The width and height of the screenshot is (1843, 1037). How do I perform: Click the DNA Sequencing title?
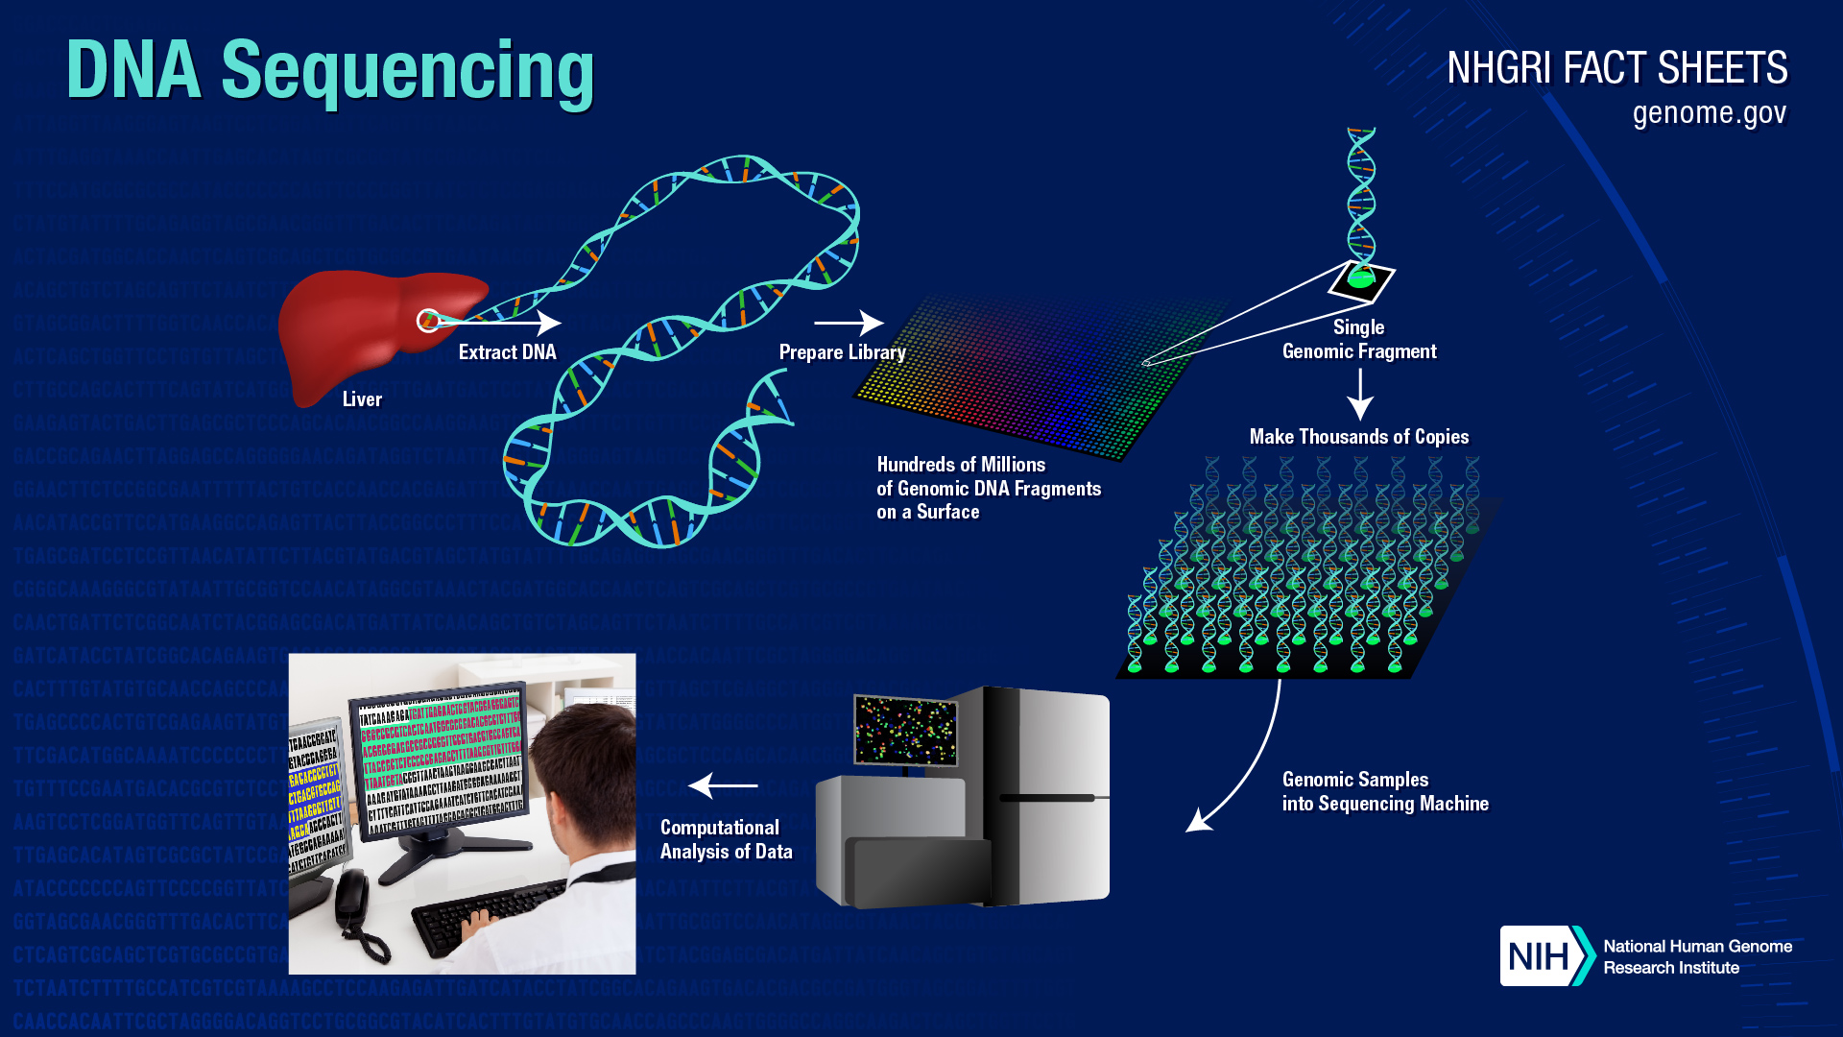330,72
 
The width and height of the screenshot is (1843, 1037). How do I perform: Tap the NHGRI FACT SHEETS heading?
1616,69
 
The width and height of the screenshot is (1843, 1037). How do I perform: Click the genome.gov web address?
1709,113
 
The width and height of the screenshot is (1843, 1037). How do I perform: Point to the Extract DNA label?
507,352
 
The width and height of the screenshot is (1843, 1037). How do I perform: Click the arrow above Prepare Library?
849,323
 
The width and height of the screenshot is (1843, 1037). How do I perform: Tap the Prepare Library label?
842,352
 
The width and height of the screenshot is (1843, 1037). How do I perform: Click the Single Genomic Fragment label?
1358,340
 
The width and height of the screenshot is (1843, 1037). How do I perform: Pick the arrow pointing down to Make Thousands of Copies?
1359,394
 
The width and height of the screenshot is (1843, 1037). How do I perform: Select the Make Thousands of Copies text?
1358,437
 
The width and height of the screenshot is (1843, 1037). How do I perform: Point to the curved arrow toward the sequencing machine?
1248,768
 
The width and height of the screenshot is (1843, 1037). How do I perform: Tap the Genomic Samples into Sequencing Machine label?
1384,792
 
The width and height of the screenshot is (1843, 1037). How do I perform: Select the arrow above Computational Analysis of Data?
723,785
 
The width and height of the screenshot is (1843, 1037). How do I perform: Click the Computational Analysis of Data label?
726,840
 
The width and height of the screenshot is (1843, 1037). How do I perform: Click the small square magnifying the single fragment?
1361,280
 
